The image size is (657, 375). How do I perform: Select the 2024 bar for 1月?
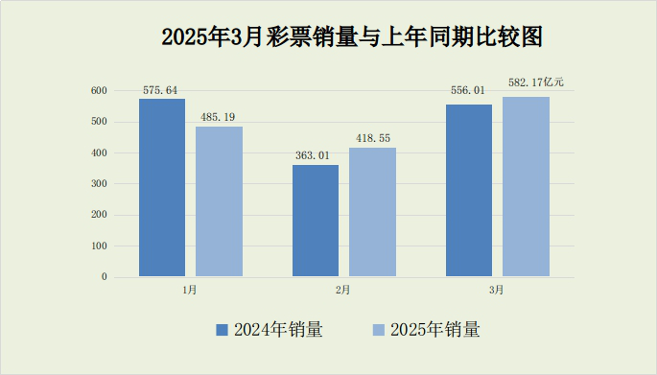pyautogui.click(x=162, y=188)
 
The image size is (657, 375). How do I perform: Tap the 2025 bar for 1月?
pyautogui.click(x=219, y=201)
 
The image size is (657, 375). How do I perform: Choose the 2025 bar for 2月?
pyautogui.click(x=372, y=212)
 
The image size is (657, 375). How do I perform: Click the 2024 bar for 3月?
pyautogui.click(x=469, y=191)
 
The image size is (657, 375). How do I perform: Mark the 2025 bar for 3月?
pyautogui.click(x=526, y=187)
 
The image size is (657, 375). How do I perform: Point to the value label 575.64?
pyautogui.click(x=160, y=90)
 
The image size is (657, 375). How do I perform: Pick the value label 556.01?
pyautogui.click(x=468, y=91)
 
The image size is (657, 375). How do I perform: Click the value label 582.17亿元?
pyautogui.click(x=535, y=82)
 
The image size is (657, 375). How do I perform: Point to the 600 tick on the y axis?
pyautogui.click(x=100, y=91)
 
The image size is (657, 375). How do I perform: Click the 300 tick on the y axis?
pyautogui.click(x=100, y=184)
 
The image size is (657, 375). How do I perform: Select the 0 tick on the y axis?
pyautogui.click(x=105, y=277)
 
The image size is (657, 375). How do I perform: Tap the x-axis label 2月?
pyautogui.click(x=343, y=290)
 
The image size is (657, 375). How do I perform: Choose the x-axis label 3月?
pyautogui.click(x=497, y=290)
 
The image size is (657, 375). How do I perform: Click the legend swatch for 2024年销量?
pyautogui.click(x=222, y=330)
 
